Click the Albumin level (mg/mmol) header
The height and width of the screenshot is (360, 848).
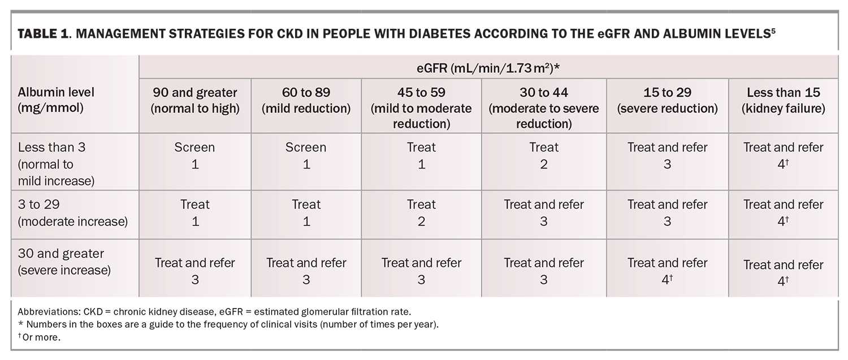pyautogui.click(x=56, y=99)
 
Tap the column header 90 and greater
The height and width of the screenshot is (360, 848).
pyautogui.click(x=194, y=99)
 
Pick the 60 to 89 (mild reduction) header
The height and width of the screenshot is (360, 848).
pyautogui.click(x=306, y=99)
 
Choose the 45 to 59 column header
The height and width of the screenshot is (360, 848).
pyautogui.click(x=421, y=107)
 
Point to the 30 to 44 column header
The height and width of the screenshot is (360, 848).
pyautogui.click(x=543, y=107)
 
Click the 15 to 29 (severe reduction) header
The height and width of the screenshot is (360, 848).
pyautogui.click(x=667, y=99)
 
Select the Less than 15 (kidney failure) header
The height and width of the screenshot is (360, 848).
pyautogui.click(x=783, y=99)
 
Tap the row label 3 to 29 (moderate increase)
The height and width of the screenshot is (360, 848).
pyautogui.click(x=72, y=213)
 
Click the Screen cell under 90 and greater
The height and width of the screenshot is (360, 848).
pyautogui.click(x=194, y=155)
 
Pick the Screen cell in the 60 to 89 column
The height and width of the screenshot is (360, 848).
pyautogui.click(x=306, y=155)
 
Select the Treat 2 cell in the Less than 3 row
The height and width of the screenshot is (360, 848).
pyautogui.click(x=543, y=155)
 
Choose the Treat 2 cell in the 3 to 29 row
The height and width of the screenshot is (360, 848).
pyautogui.click(x=421, y=212)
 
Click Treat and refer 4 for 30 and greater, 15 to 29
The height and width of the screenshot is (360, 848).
pyautogui.click(x=667, y=271)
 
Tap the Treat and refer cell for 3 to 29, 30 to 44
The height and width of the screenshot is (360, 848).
pyautogui.click(x=543, y=212)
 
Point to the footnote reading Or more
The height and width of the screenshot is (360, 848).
pyautogui.click(x=39, y=337)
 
